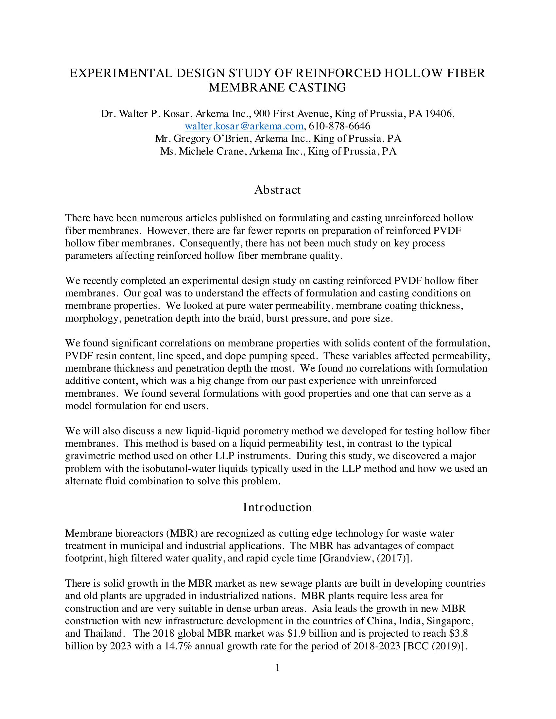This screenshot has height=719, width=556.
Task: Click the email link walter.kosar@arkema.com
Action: pos(244,126)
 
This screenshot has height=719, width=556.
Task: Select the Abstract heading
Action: pos(277,190)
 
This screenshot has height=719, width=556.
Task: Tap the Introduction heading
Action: pos(277,507)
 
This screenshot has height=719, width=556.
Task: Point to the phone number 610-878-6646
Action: pos(339,126)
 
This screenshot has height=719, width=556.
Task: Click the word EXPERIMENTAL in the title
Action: pos(121,73)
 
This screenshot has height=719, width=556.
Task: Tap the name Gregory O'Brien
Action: pos(211,139)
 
